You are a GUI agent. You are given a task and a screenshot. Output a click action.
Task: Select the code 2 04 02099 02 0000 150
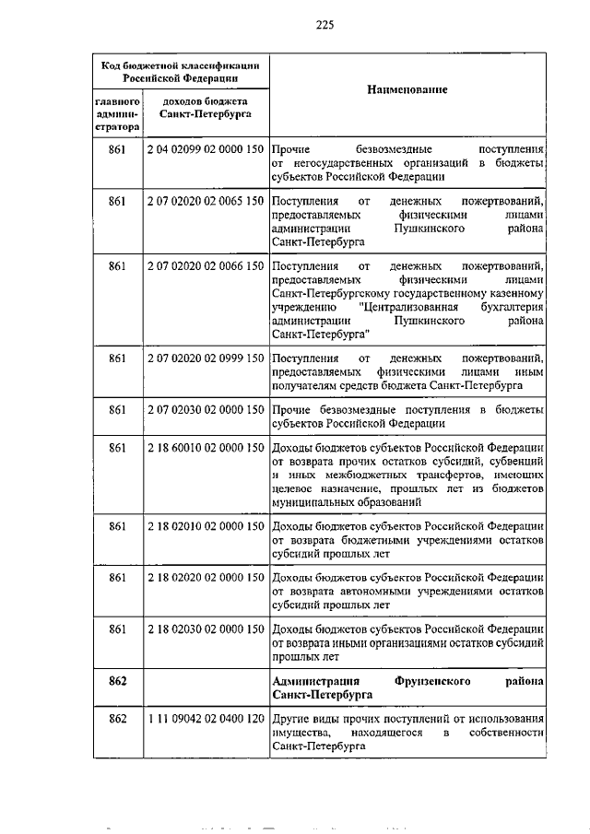pyautogui.click(x=206, y=148)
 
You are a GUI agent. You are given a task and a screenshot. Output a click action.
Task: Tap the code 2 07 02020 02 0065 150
pyautogui.click(x=206, y=201)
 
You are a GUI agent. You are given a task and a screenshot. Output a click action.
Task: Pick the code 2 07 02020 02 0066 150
pyautogui.click(x=206, y=266)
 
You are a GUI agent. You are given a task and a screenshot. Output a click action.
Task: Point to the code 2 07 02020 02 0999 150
pyautogui.click(x=206, y=358)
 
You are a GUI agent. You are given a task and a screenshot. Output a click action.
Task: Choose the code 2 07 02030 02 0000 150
pyautogui.click(x=206, y=408)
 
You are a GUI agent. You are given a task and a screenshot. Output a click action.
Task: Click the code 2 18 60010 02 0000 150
pyautogui.click(x=206, y=448)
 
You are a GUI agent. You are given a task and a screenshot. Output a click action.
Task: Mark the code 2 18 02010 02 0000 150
pyautogui.click(x=206, y=526)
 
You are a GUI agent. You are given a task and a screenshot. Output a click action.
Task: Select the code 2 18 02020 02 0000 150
pyautogui.click(x=206, y=577)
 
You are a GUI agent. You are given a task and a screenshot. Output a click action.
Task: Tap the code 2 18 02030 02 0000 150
pyautogui.click(x=206, y=628)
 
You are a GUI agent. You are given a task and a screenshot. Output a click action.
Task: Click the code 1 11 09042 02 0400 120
pyautogui.click(x=206, y=718)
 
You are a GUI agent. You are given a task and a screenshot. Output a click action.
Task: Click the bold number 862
pyautogui.click(x=116, y=680)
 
